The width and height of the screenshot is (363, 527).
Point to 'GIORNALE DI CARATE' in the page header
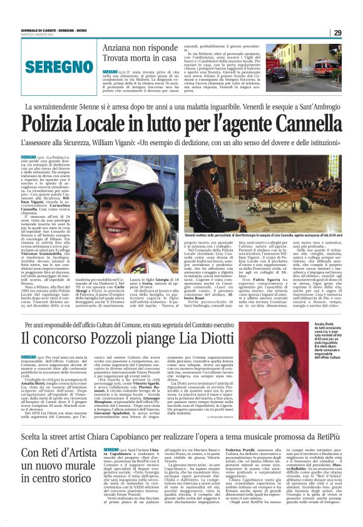pos(39,30)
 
